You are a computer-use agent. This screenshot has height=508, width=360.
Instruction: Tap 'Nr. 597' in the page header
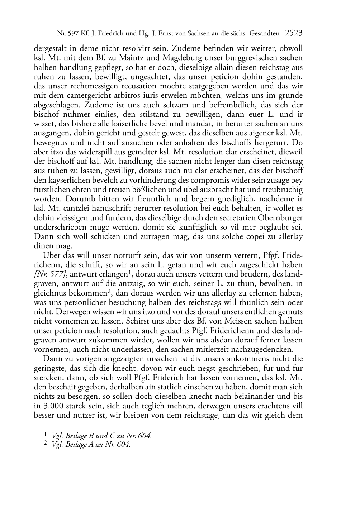point(68,34)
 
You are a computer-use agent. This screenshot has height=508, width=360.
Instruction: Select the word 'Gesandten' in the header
point(265,34)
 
